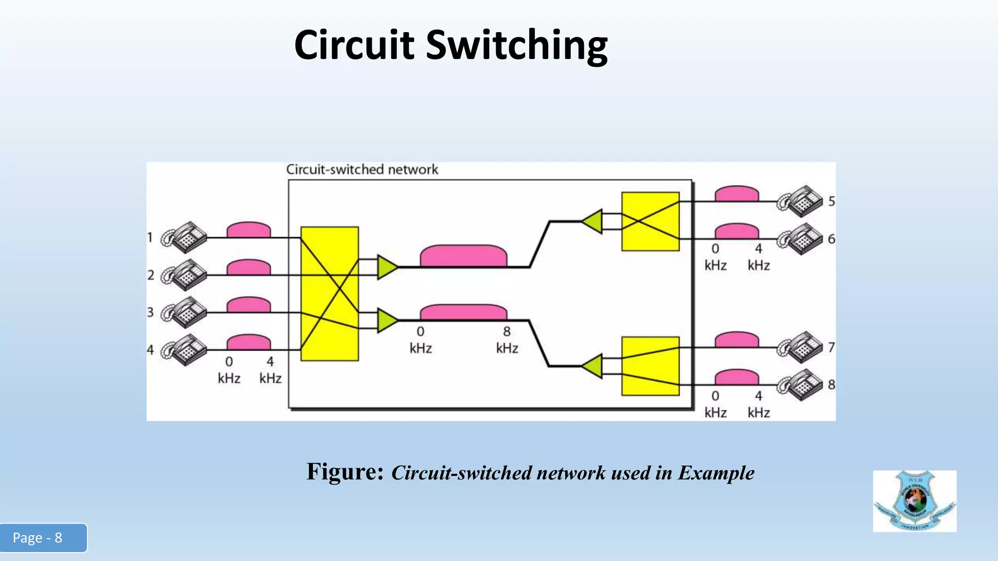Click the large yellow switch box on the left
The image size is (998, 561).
[x=329, y=294]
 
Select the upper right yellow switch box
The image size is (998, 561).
[x=650, y=222]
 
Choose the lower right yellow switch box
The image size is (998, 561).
[x=650, y=366]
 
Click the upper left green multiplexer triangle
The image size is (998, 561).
[x=386, y=267]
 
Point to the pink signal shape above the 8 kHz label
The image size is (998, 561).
[x=463, y=312]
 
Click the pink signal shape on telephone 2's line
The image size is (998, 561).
[x=249, y=267]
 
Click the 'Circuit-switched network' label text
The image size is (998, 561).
[x=362, y=169]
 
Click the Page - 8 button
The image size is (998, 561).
[x=43, y=538]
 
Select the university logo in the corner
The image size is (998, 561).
[x=914, y=501]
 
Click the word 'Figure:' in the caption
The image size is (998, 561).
[x=345, y=472]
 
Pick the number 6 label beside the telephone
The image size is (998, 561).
[x=831, y=239]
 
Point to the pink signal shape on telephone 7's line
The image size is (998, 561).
[x=736, y=339]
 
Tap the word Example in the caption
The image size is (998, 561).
[x=716, y=473]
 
